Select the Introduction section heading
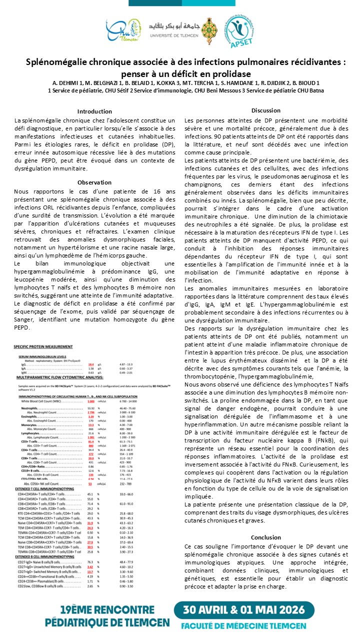[94, 111]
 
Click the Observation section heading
[94, 182]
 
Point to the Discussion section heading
[265, 110]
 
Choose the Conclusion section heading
[265, 537]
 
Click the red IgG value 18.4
[91, 364]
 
